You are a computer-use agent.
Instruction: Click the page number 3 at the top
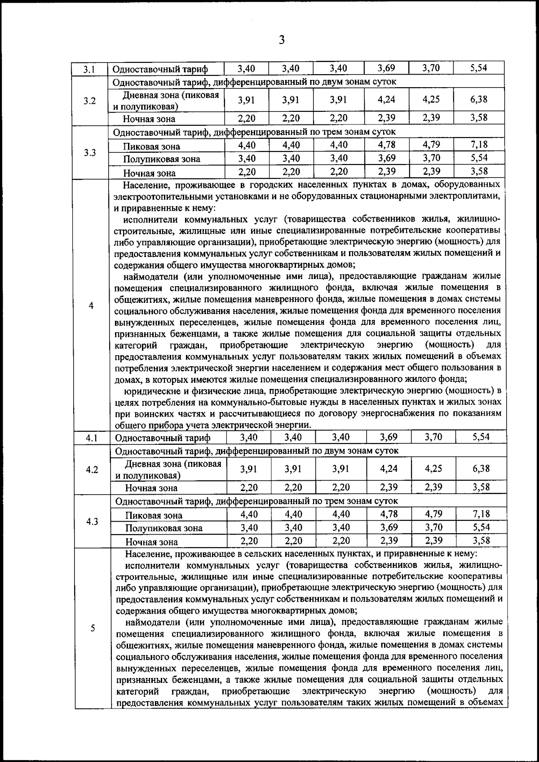(x=281, y=40)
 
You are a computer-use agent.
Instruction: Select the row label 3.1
(x=89, y=69)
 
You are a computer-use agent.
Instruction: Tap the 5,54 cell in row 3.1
(x=479, y=68)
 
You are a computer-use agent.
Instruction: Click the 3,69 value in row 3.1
(x=386, y=68)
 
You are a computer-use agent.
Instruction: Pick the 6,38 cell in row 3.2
(x=479, y=100)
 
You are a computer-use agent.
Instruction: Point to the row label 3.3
(x=90, y=152)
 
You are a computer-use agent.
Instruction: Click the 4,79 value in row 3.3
(x=431, y=145)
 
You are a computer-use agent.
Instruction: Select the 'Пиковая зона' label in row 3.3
(x=152, y=146)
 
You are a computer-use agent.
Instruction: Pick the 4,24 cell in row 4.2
(x=389, y=469)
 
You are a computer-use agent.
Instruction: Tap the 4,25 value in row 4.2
(x=433, y=469)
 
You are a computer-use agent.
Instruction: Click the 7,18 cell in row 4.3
(x=481, y=514)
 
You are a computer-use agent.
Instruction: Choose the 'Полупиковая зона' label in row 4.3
(x=164, y=528)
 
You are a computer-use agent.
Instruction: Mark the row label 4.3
(x=92, y=522)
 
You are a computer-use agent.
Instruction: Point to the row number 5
(x=93, y=628)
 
